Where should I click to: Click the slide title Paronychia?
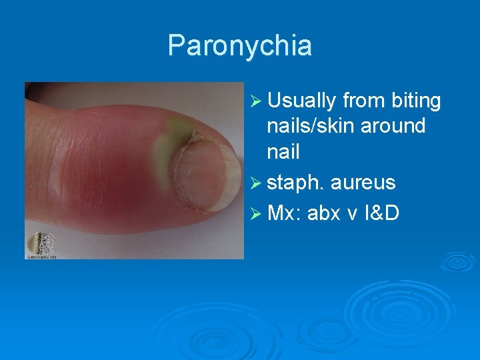click(239, 45)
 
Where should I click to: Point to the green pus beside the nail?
click(175, 133)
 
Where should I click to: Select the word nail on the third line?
click(283, 151)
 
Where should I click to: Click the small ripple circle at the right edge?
click(459, 261)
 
